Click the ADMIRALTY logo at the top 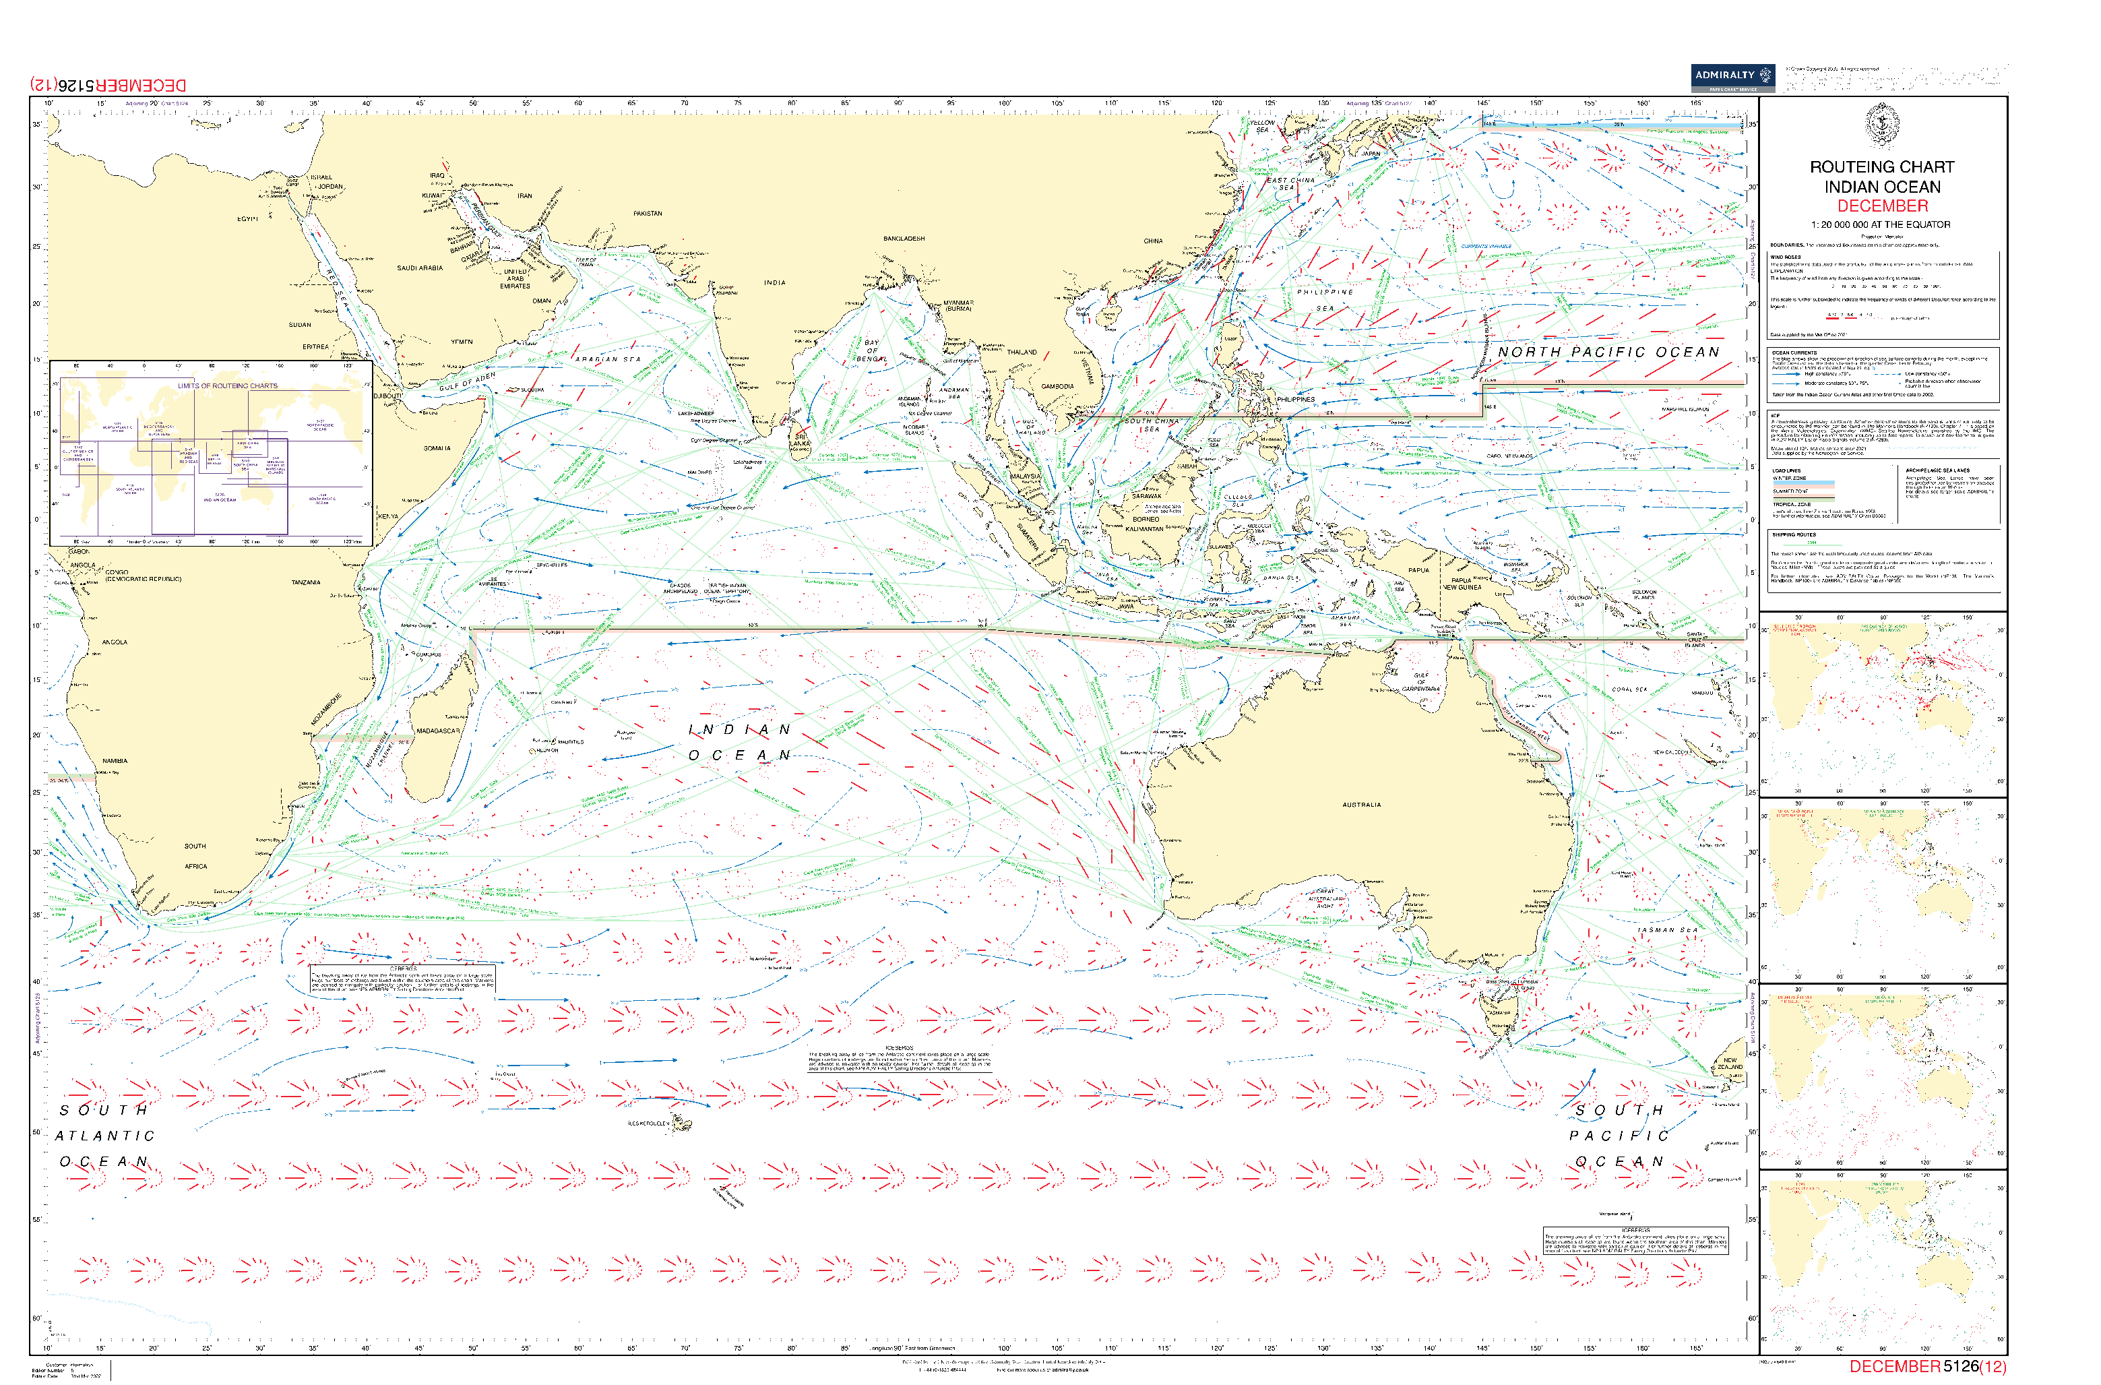pos(1732,77)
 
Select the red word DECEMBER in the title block pos(1882,206)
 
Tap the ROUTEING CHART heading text pos(1882,167)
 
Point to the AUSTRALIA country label pos(1361,805)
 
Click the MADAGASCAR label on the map pos(438,731)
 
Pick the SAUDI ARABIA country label pos(420,268)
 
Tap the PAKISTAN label pos(648,214)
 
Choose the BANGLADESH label pos(904,239)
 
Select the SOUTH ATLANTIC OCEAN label pos(104,1136)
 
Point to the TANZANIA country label pos(307,583)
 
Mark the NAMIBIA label pos(115,760)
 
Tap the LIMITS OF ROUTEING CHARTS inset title pos(227,386)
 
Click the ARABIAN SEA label pos(608,359)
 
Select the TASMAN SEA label pos(1667,929)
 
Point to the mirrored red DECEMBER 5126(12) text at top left pos(108,85)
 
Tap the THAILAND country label pos(1022,352)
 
